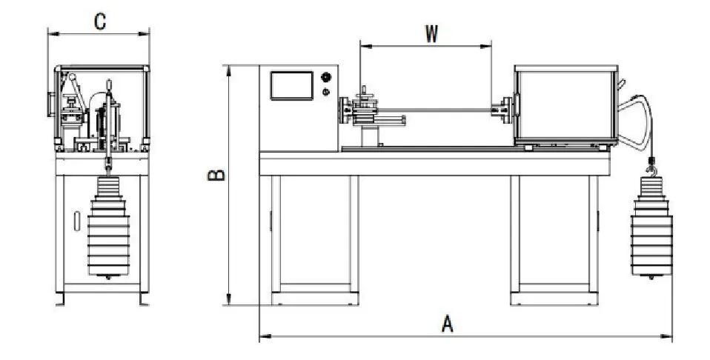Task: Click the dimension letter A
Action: point(447,324)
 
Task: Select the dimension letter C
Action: point(99,21)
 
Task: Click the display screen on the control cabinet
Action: point(292,85)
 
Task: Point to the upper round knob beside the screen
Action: point(325,77)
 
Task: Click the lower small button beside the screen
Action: point(326,92)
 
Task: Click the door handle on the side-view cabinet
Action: point(77,221)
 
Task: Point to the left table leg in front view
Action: point(315,237)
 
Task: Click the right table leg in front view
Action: point(554,237)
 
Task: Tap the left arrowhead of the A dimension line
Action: point(262,337)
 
